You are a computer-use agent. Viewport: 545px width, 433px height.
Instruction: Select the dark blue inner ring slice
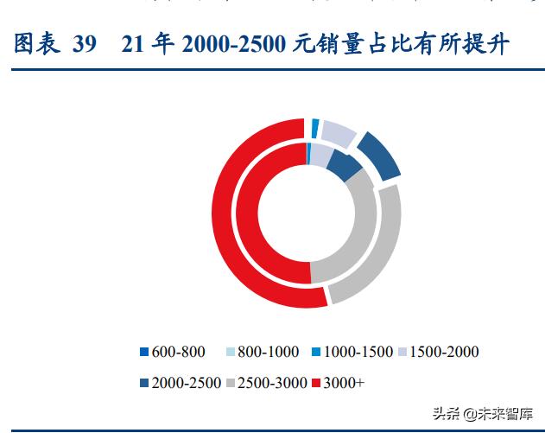[x=344, y=164]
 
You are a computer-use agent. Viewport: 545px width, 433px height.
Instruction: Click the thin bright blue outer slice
[x=315, y=127]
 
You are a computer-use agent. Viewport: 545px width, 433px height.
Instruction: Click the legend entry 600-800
[x=174, y=352]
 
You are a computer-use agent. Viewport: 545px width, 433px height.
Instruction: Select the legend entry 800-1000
[x=261, y=352]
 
